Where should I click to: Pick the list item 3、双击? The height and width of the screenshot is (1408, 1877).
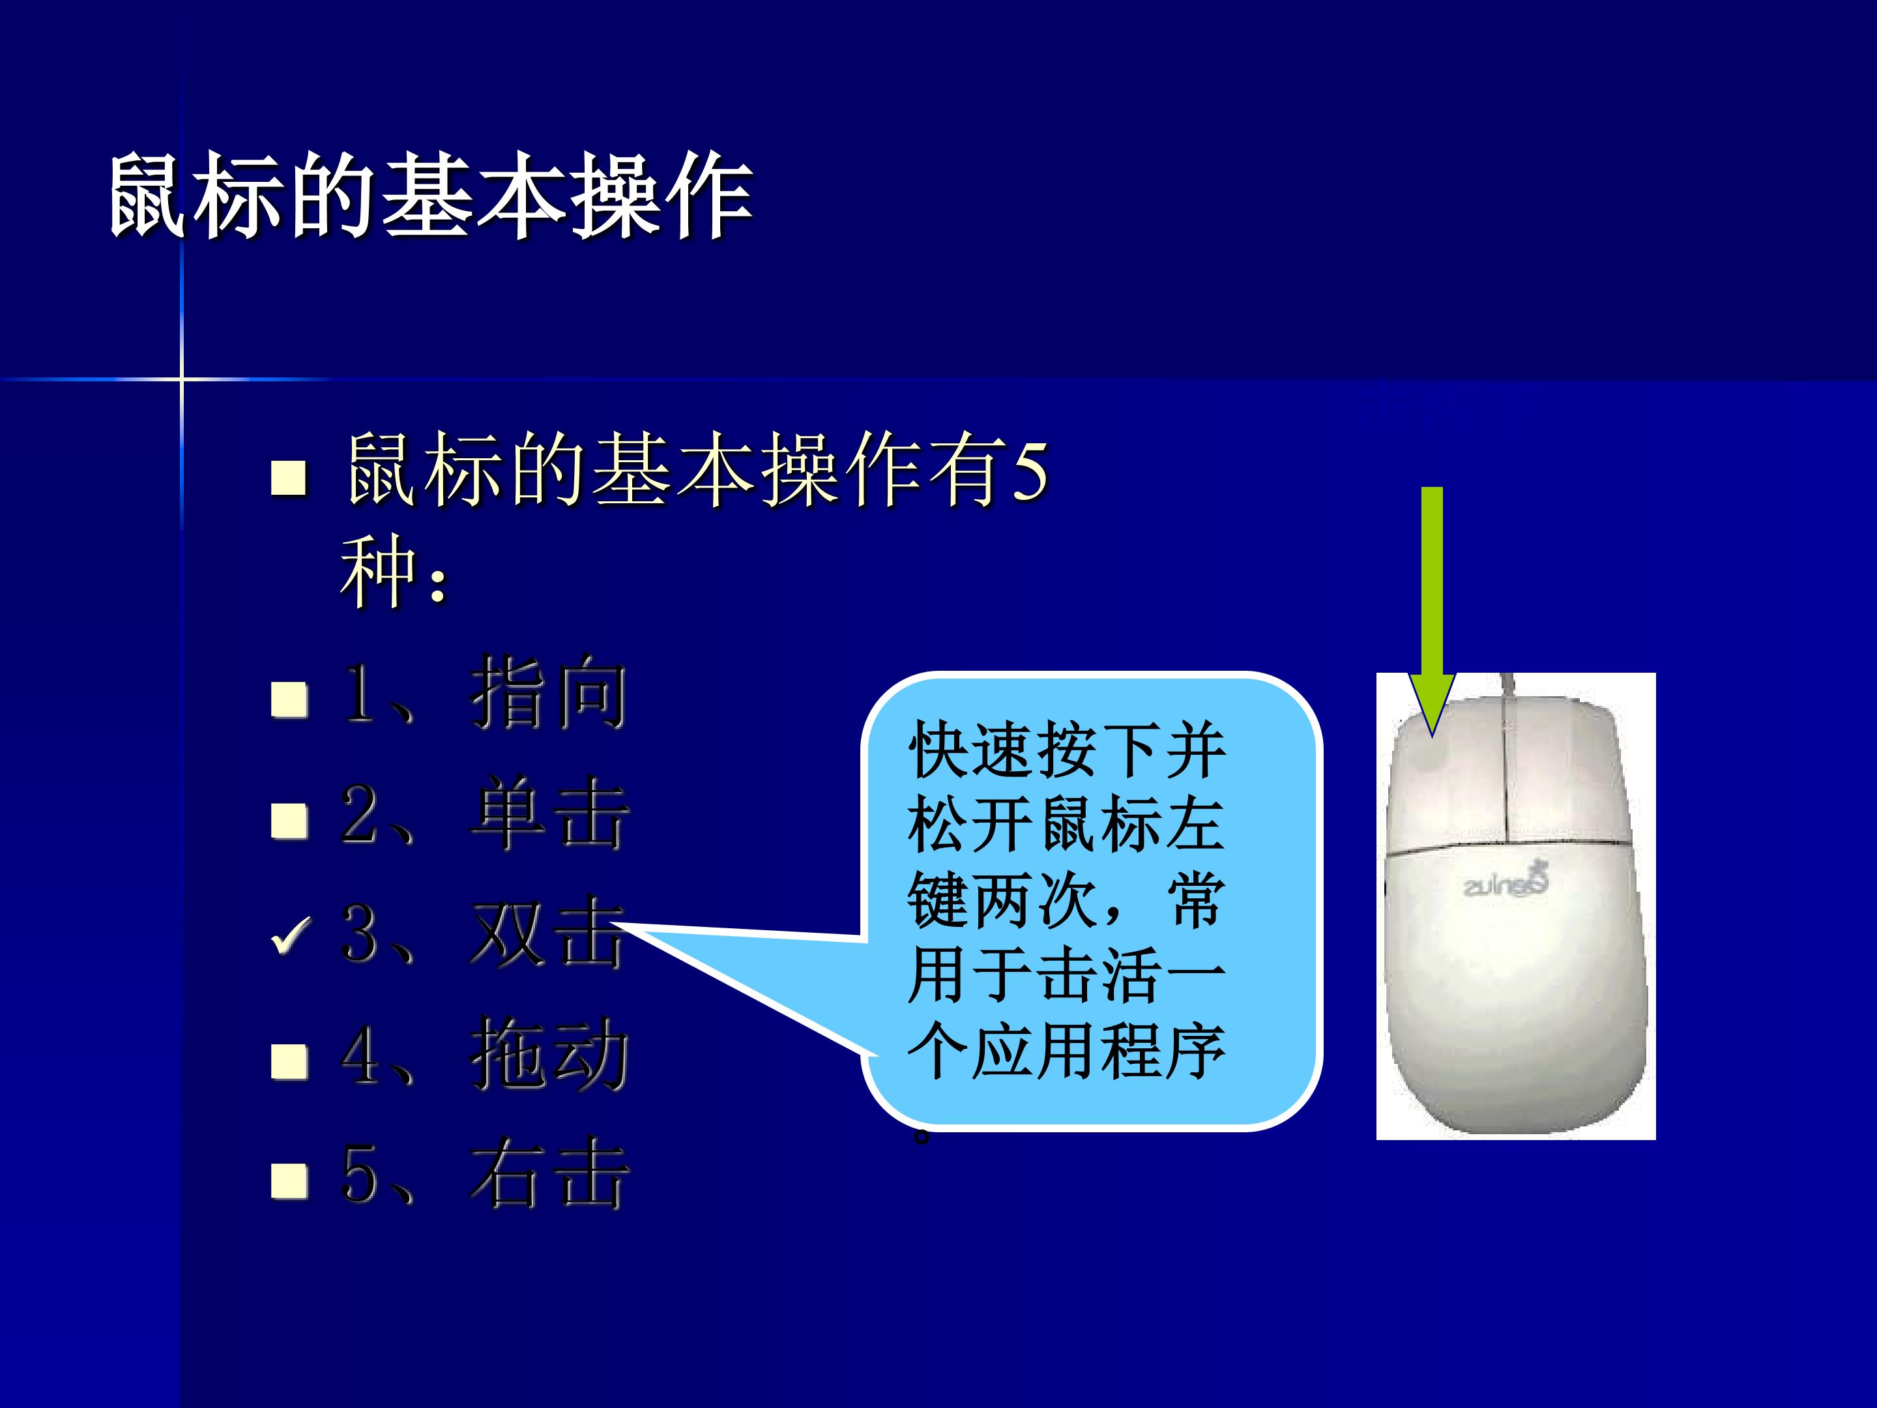click(x=484, y=933)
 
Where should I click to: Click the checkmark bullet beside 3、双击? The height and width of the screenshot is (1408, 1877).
click(x=290, y=936)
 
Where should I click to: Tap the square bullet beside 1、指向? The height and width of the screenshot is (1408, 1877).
click(x=289, y=700)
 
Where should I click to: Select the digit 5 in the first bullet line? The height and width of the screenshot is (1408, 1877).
click(x=1031, y=471)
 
